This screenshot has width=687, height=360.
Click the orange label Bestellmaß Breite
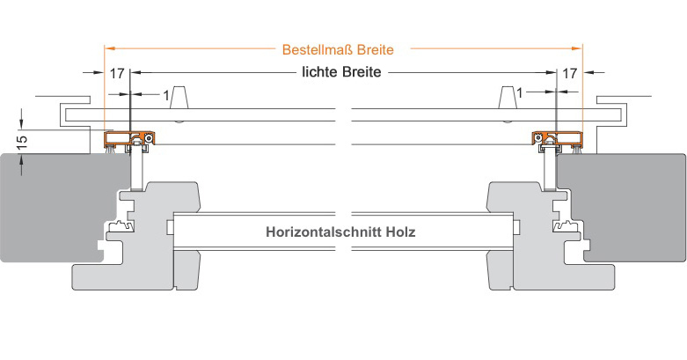(x=338, y=49)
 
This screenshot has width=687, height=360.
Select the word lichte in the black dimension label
(x=320, y=71)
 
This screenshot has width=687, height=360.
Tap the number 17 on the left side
(x=117, y=73)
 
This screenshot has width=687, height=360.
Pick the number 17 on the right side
(x=569, y=73)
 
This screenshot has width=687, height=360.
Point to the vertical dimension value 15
(x=21, y=142)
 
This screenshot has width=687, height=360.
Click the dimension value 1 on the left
(x=166, y=95)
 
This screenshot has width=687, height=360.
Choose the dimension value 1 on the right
(x=520, y=93)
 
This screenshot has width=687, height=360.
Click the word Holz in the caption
(x=400, y=231)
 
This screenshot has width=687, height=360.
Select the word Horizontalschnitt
(x=324, y=231)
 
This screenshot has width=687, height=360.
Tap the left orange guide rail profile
(x=129, y=138)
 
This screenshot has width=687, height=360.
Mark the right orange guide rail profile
(x=558, y=138)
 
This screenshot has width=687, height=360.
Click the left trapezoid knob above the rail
(x=179, y=98)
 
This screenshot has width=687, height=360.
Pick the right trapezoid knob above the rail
(x=507, y=98)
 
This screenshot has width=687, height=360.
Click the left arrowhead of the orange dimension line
(x=108, y=48)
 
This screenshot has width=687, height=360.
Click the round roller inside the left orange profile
(x=150, y=138)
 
